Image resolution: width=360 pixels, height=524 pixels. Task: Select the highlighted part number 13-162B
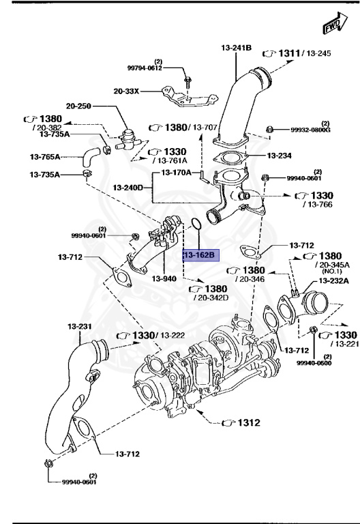[x=199, y=255]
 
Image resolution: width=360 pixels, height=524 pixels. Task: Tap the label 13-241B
[x=237, y=48]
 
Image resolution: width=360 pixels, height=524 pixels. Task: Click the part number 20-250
[x=78, y=106]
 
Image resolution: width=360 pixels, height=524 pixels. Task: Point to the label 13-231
[x=79, y=326]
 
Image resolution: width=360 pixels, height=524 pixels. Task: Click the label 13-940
[x=164, y=278]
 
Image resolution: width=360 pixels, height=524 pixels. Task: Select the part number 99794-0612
[x=145, y=68]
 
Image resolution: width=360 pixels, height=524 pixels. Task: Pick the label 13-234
[x=280, y=156]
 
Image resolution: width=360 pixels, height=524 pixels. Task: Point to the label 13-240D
[x=128, y=187]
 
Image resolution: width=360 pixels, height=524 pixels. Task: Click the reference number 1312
[x=248, y=423]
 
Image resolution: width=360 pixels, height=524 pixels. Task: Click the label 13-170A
[x=176, y=173]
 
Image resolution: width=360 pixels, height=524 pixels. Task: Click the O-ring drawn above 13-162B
[x=195, y=224]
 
